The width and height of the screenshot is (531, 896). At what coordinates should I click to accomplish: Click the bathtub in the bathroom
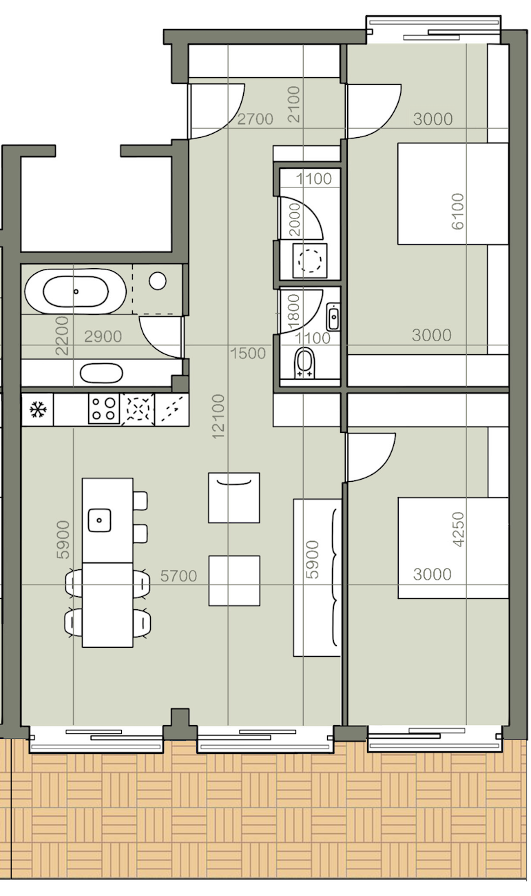coord(76,291)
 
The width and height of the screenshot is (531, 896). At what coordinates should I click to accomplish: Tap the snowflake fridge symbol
coord(38,410)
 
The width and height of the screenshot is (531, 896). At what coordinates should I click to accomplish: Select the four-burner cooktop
coord(104,409)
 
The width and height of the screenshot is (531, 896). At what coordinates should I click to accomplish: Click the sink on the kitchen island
coord(100,520)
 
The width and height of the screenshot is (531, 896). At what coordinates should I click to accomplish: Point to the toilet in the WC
coord(304,363)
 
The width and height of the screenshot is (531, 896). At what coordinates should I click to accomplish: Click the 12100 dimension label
coord(218,416)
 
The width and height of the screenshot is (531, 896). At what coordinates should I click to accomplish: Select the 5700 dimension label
coord(179,576)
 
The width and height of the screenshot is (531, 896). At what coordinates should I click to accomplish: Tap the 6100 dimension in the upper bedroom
coord(457,211)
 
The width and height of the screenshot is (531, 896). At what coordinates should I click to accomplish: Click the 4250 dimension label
coord(458,529)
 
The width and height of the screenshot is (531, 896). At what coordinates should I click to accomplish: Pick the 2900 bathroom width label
coord(103,337)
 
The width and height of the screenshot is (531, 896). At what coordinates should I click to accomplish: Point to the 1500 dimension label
coord(248,353)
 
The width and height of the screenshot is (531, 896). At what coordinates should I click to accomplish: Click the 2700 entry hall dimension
coord(255,119)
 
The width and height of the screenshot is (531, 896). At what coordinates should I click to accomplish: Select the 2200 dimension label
coord(63,336)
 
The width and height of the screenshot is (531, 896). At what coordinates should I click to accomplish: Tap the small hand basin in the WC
coord(333,317)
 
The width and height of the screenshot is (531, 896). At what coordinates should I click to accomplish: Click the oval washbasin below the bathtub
coord(101,373)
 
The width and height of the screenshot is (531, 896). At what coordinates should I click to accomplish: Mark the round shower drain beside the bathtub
coord(158,281)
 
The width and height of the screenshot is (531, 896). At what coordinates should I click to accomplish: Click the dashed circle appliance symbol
coord(310,261)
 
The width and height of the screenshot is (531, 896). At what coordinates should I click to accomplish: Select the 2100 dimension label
coord(294,104)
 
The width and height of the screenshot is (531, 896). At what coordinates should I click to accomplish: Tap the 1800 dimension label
coord(293,312)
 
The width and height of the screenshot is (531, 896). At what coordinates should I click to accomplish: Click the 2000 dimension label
coord(294,219)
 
